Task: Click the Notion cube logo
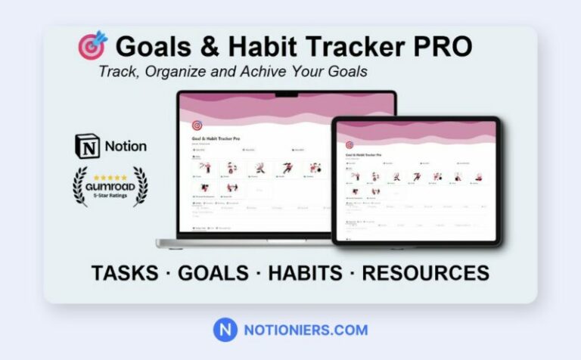87,146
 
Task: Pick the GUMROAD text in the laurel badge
110,185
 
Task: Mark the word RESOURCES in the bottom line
425,272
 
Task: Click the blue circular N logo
225,330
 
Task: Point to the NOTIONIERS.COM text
306,330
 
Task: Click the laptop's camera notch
286,95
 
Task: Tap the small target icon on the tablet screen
350,144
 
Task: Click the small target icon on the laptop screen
197,126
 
